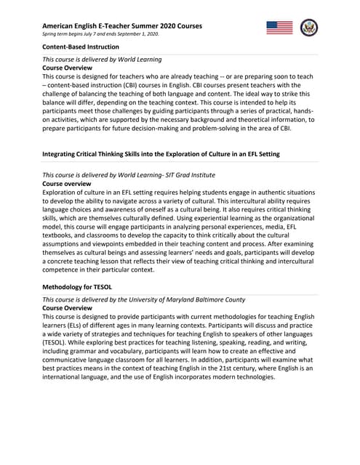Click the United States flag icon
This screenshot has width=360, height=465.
[280, 28]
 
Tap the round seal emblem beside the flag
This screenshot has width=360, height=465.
[310, 28]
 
